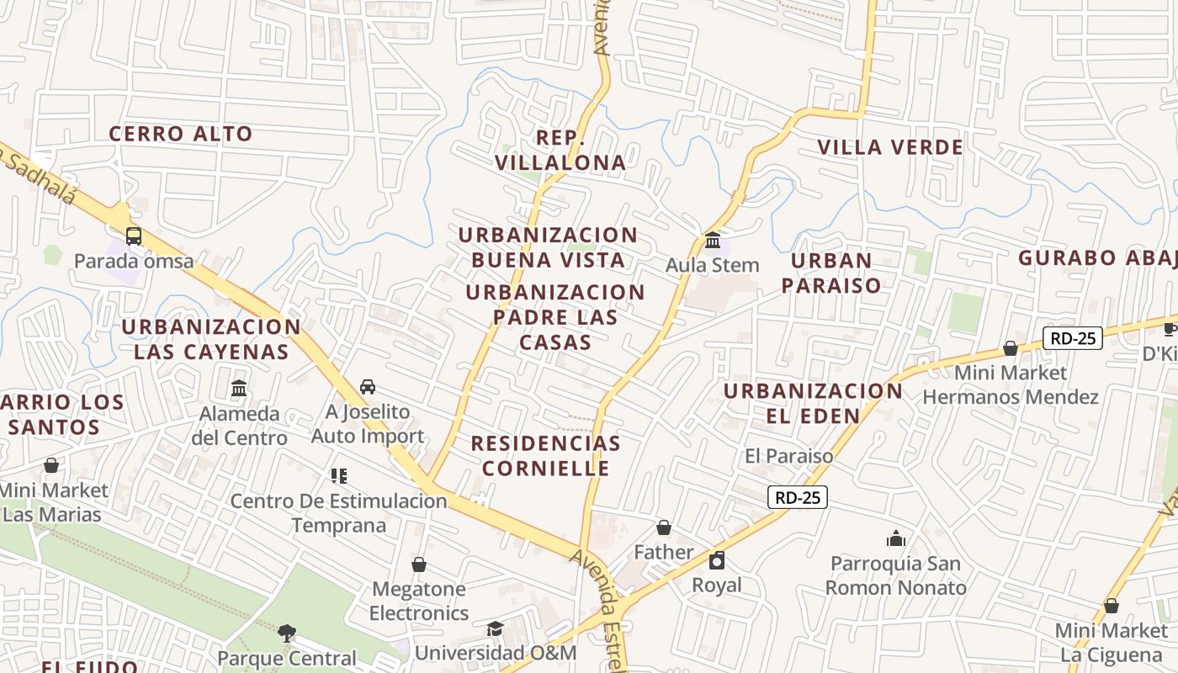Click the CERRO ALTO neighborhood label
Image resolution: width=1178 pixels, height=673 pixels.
point(181,134)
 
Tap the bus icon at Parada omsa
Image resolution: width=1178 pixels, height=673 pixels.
point(133,236)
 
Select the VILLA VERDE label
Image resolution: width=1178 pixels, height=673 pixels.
point(890,148)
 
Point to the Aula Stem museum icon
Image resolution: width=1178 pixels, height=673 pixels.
point(713,241)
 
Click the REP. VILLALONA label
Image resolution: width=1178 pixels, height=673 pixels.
point(560,151)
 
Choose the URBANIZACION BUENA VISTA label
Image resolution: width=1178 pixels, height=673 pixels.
point(548,247)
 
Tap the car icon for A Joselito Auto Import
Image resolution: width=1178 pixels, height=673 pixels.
point(368,387)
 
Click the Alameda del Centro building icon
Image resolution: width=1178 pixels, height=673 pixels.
point(239,389)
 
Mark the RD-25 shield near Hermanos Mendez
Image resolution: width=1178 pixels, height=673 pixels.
point(1073,338)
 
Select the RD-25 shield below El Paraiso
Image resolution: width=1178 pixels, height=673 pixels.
point(798,497)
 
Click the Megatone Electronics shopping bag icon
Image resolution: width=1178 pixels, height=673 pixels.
point(419,564)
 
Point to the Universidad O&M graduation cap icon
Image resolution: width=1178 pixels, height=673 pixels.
point(495,629)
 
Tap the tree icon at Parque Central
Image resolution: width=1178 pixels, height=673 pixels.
point(287,633)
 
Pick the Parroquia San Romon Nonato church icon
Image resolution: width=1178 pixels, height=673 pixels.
point(896,538)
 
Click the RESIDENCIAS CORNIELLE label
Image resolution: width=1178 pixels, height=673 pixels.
point(545,455)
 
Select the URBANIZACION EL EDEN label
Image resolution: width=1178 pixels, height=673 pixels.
point(813,403)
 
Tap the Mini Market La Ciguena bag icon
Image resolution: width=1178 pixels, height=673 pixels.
point(1112,606)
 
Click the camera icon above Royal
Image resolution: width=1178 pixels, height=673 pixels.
point(717,560)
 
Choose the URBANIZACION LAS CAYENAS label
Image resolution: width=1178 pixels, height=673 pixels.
point(211,339)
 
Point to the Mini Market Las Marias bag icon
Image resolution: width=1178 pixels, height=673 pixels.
point(51,465)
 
